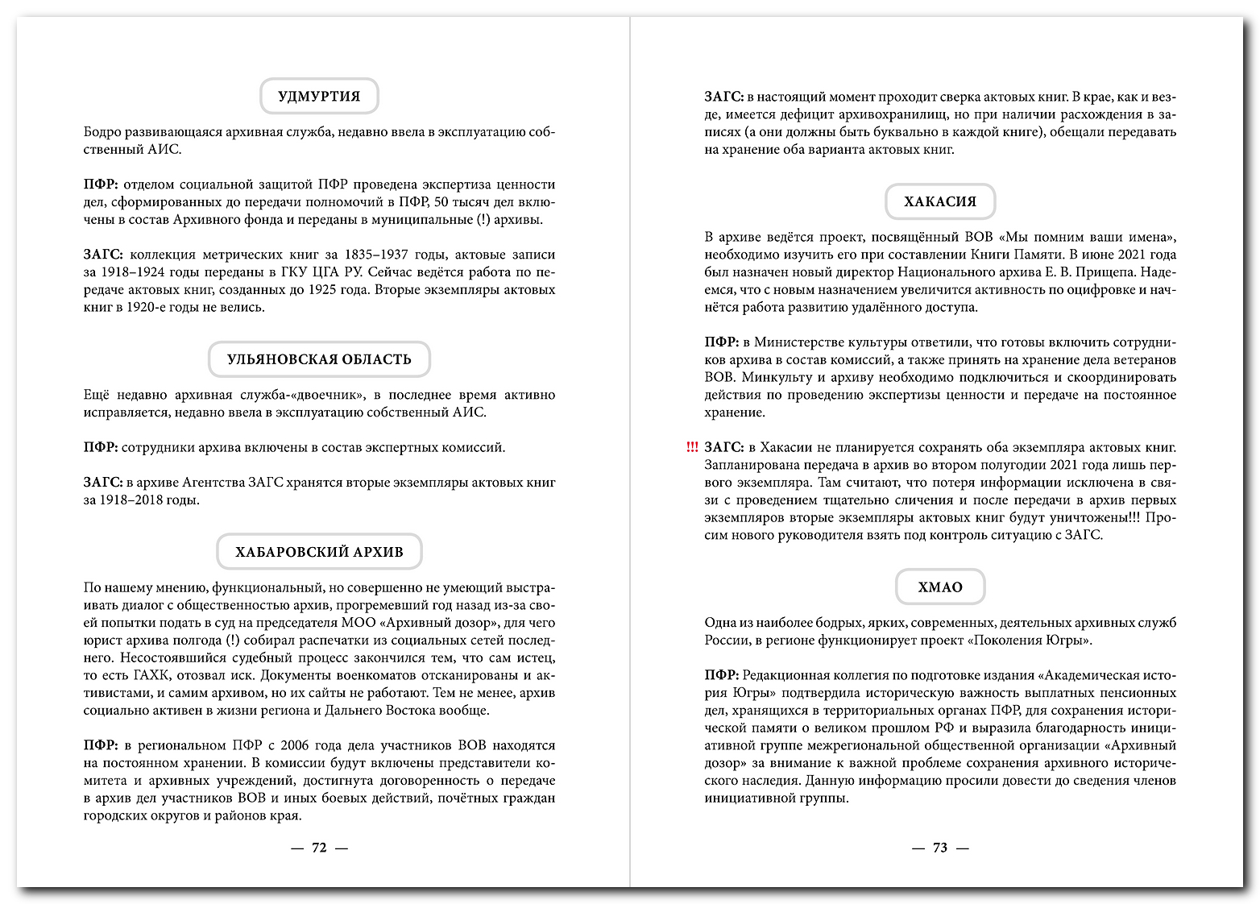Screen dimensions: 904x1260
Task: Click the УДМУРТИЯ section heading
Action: coord(319,96)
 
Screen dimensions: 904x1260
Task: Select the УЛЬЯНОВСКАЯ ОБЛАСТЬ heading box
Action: coord(319,359)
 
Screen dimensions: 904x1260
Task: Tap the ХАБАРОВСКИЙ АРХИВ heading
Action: coord(319,552)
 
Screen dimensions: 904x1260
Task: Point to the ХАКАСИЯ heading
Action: coord(940,201)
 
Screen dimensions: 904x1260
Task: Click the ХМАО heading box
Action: coord(940,587)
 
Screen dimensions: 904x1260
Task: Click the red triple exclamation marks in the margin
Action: coord(691,447)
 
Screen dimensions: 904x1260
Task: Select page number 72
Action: coord(319,848)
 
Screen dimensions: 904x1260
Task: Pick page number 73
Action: coord(940,848)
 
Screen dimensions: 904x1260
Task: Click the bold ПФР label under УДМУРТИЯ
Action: coord(101,185)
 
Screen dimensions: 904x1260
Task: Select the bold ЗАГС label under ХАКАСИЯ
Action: coord(723,447)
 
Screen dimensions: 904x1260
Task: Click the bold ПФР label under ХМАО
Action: coord(721,675)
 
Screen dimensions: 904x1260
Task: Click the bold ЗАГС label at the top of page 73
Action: coord(723,97)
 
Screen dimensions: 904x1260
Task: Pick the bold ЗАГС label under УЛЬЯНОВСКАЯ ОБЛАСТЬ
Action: coord(102,483)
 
